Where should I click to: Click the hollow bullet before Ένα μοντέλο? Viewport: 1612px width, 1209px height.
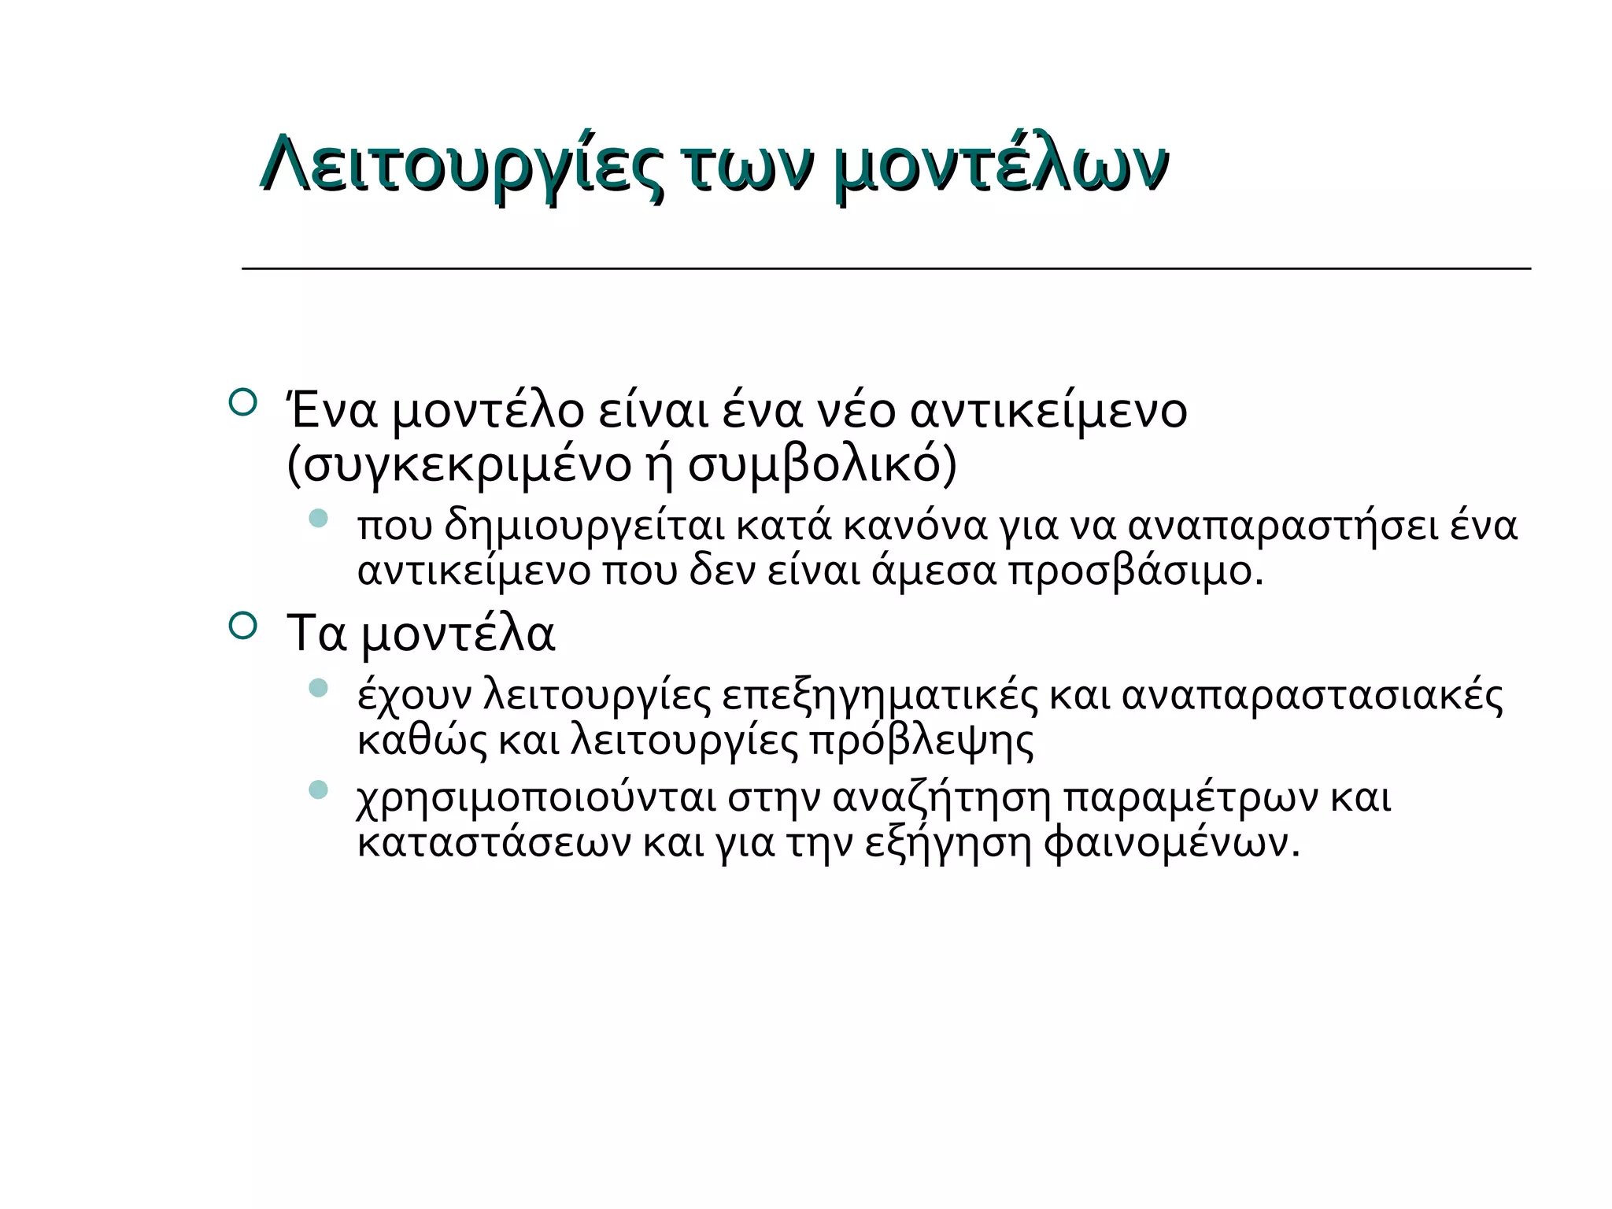[242, 401]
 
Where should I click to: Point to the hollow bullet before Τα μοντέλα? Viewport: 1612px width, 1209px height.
[242, 626]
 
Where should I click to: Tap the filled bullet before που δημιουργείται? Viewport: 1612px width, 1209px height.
[318, 518]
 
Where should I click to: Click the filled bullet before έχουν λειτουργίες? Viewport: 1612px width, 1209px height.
[318, 688]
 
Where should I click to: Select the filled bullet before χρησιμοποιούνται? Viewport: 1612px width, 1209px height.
[318, 789]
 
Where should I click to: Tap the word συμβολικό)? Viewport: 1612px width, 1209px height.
[823, 465]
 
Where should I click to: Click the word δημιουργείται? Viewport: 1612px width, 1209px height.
[583, 526]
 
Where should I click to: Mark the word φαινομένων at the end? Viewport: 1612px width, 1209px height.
[1171, 843]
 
